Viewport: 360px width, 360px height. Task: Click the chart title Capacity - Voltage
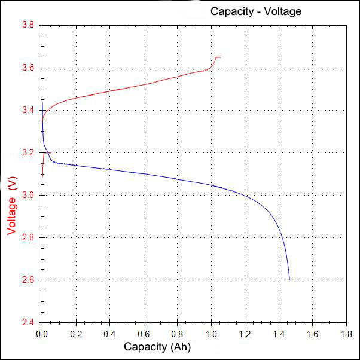(x=255, y=11)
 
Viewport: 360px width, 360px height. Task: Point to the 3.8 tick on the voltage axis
(x=29, y=26)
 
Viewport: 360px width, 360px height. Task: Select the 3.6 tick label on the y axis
(x=29, y=68)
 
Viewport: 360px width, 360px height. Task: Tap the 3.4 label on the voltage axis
(x=29, y=111)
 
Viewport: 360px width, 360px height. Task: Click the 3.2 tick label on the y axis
(x=29, y=153)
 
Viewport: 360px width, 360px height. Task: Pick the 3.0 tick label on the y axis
(x=29, y=196)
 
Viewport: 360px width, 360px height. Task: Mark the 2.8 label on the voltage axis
(x=29, y=238)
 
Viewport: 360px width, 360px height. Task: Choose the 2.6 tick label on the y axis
(x=29, y=280)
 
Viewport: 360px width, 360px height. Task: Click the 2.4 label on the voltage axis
(x=29, y=323)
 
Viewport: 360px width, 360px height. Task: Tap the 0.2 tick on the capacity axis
(x=76, y=333)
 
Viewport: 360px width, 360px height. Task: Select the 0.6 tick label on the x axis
(x=144, y=333)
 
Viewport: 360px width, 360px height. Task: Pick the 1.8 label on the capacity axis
(x=346, y=333)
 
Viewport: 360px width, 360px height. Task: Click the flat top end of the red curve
(x=218, y=57)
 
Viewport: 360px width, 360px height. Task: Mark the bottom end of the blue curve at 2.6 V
(x=289, y=279)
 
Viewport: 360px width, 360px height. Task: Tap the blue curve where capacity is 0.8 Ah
(x=177, y=180)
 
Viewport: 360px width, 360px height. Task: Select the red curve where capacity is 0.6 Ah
(x=144, y=84)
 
